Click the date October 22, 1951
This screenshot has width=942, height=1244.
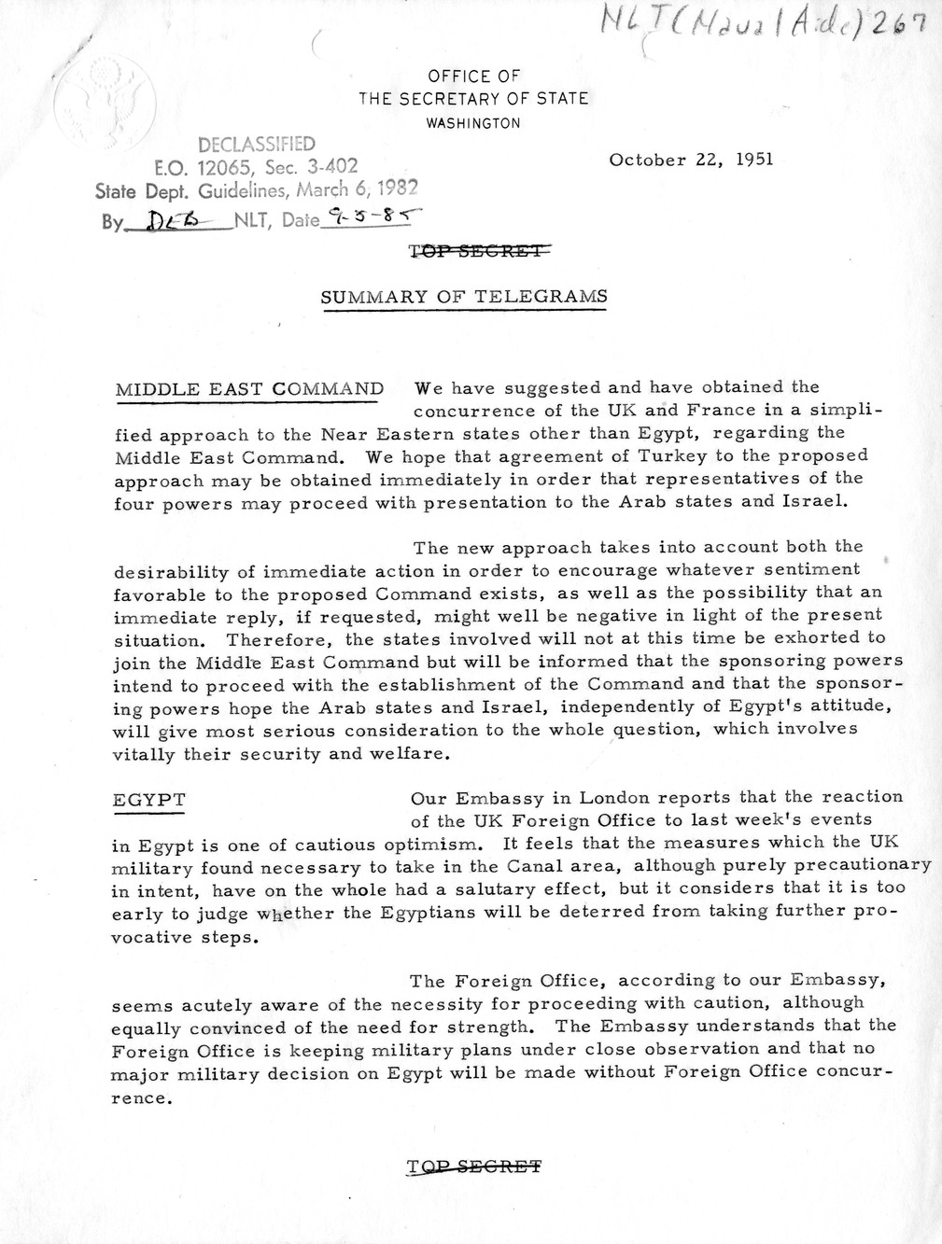691,159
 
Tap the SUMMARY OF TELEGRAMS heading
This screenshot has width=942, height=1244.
464,297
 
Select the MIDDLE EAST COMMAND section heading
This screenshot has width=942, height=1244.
249,389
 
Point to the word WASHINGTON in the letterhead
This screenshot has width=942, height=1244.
473,123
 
